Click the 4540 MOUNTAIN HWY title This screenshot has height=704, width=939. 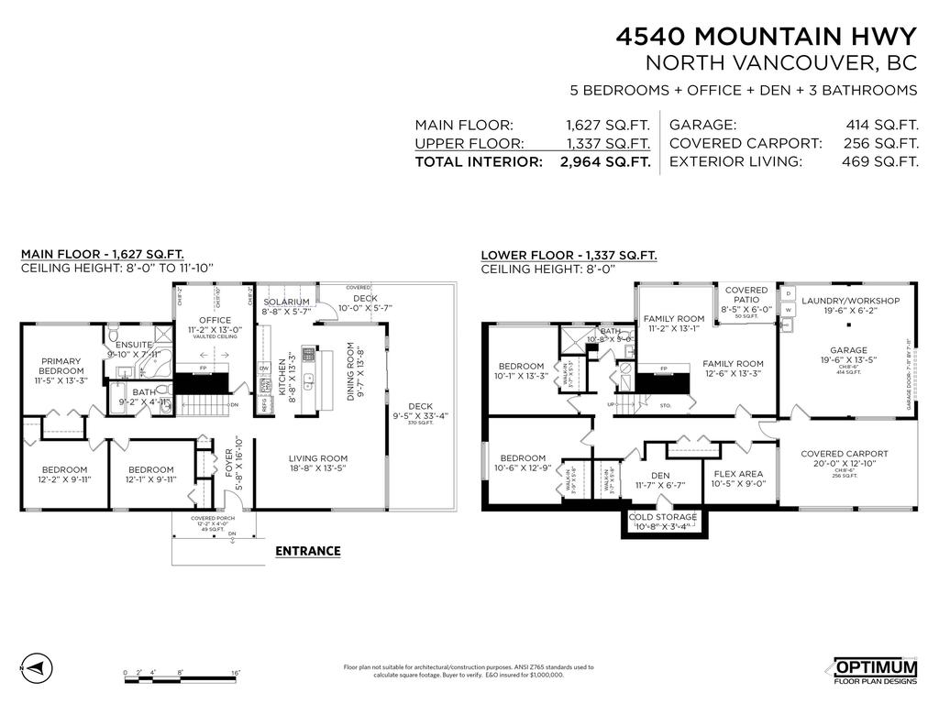click(766, 37)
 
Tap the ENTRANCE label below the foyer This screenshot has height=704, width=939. click(308, 551)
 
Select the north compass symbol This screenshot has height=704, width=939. click(35, 666)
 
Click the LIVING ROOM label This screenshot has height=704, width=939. click(318, 459)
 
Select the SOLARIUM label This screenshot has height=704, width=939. click(286, 302)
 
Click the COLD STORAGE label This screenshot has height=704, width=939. click(662, 517)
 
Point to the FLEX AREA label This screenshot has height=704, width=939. click(739, 474)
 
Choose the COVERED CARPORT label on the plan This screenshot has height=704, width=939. click(844, 454)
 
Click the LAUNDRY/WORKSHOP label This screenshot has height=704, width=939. click(850, 301)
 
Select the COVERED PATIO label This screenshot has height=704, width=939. click(746, 296)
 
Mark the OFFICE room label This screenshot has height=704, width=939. click(215, 320)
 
